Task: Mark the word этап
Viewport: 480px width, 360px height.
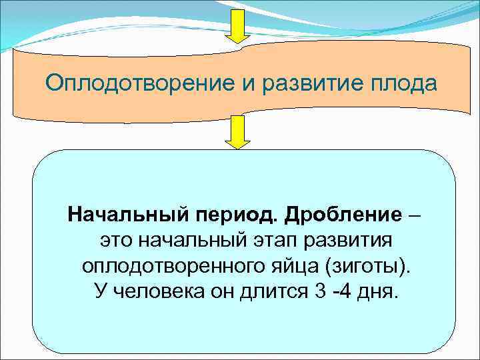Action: point(275,241)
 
